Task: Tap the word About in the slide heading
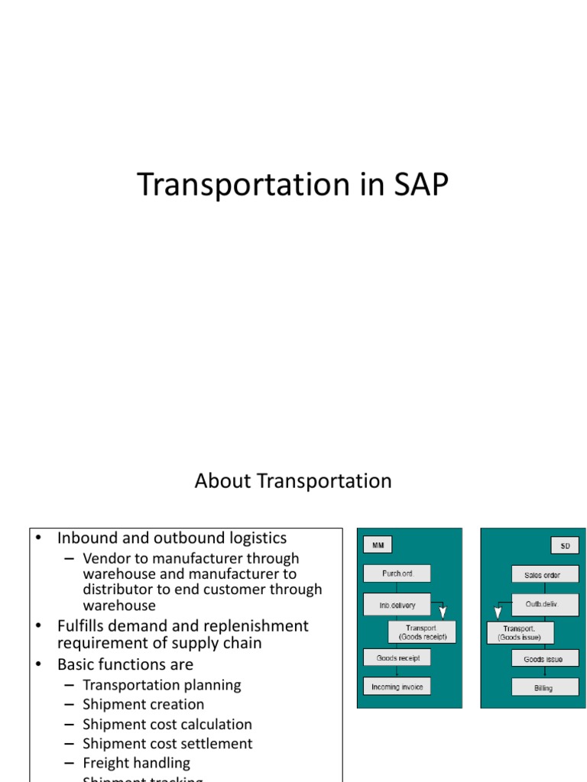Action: click(x=223, y=481)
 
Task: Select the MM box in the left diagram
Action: click(x=378, y=545)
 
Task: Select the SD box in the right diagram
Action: click(x=565, y=545)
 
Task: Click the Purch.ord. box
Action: click(x=397, y=574)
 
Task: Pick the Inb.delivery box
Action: click(x=397, y=605)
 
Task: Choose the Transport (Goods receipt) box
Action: click(x=423, y=632)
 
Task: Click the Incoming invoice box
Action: click(x=397, y=687)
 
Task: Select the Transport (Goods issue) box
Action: click(x=520, y=633)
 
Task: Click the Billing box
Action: click(x=544, y=687)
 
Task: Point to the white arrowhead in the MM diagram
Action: click(x=443, y=612)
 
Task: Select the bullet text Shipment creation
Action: click(x=144, y=704)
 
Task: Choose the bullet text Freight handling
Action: click(x=136, y=762)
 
